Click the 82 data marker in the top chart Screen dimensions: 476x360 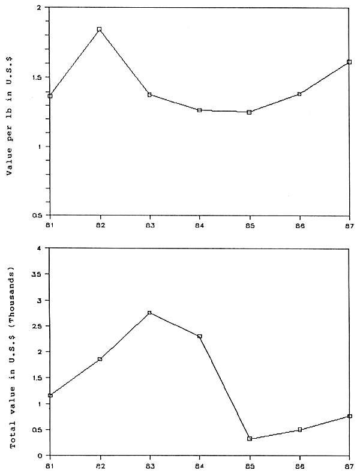(x=100, y=29)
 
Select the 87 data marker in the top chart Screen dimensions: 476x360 (x=349, y=62)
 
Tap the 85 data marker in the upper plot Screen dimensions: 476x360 (x=249, y=112)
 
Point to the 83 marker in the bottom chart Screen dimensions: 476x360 (x=149, y=313)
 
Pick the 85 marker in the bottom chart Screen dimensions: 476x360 (x=249, y=439)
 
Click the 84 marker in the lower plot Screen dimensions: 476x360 (x=199, y=336)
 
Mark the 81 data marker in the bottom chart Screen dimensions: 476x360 (x=50, y=395)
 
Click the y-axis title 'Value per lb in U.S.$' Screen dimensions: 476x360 (x=10, y=112)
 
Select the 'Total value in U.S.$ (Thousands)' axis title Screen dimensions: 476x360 (x=10, y=351)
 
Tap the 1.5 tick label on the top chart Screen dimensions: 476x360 (x=41, y=77)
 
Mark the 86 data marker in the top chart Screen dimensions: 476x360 (x=299, y=94)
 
